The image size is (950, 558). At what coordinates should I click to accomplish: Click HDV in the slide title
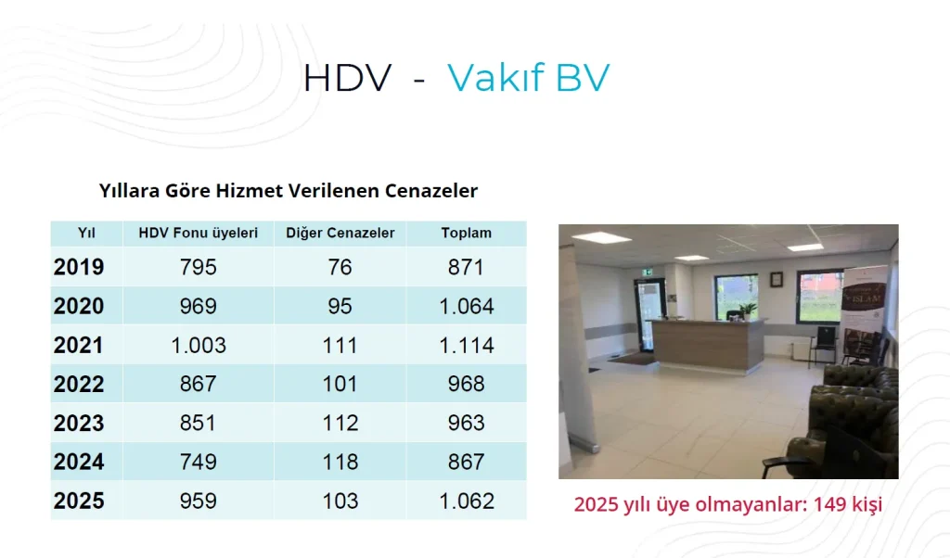pos(348,79)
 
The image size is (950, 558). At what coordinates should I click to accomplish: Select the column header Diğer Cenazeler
pos(340,233)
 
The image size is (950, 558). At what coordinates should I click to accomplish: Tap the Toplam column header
pos(466,233)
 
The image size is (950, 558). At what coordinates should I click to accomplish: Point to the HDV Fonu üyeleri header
pos(199,233)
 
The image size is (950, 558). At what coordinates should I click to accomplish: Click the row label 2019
pos(79,267)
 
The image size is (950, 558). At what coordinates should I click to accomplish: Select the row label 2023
pos(79,423)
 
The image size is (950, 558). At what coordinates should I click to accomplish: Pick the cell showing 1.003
pos(199,345)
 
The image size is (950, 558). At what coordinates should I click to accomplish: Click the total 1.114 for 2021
pos(466,345)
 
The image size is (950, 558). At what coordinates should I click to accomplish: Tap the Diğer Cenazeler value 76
pos(340,267)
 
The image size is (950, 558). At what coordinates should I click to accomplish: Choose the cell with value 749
pos(199,462)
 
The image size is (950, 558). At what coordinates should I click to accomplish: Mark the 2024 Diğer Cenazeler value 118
pos(340,462)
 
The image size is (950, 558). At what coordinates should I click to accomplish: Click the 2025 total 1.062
pos(466,501)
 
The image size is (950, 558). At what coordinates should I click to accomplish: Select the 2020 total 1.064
pos(466,306)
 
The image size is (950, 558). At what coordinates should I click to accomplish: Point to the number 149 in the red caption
pos(830,503)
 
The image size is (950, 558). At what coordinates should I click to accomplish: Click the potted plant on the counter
pos(749,310)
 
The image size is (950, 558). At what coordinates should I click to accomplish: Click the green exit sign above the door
pos(648,273)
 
